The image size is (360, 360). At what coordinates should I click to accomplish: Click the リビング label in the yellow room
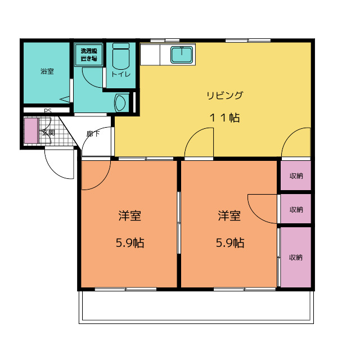pyautogui.click(x=224, y=95)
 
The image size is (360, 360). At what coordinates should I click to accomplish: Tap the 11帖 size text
pyautogui.click(x=224, y=118)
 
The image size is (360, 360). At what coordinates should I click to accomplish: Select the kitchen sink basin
pyautogui.click(x=182, y=55)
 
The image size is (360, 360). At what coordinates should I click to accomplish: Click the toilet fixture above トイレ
pyautogui.click(x=121, y=56)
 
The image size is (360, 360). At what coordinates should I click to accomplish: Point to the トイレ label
pyautogui.click(x=121, y=74)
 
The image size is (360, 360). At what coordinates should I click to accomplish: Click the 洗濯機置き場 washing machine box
pyautogui.click(x=89, y=55)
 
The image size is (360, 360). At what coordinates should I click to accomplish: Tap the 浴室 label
pyautogui.click(x=47, y=71)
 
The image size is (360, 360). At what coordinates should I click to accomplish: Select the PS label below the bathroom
pyautogui.click(x=47, y=111)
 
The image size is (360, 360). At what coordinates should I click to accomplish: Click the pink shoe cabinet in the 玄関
pyautogui.click(x=31, y=131)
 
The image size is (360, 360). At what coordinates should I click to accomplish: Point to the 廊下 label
pyautogui.click(x=93, y=134)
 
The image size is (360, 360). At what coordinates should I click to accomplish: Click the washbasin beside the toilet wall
pyautogui.click(x=120, y=102)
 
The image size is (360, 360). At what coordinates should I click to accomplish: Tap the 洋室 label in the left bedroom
pyautogui.click(x=130, y=215)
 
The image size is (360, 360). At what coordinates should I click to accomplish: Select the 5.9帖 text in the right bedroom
pyautogui.click(x=230, y=242)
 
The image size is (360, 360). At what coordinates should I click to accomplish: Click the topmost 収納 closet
pyautogui.click(x=296, y=175)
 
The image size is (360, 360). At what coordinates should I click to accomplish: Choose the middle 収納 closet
pyautogui.click(x=296, y=209)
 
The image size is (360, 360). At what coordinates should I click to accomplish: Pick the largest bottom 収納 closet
pyautogui.click(x=296, y=257)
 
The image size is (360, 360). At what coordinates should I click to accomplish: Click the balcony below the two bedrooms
pyautogui.click(x=196, y=307)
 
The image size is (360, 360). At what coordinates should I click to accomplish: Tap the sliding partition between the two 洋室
pyautogui.click(x=179, y=223)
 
